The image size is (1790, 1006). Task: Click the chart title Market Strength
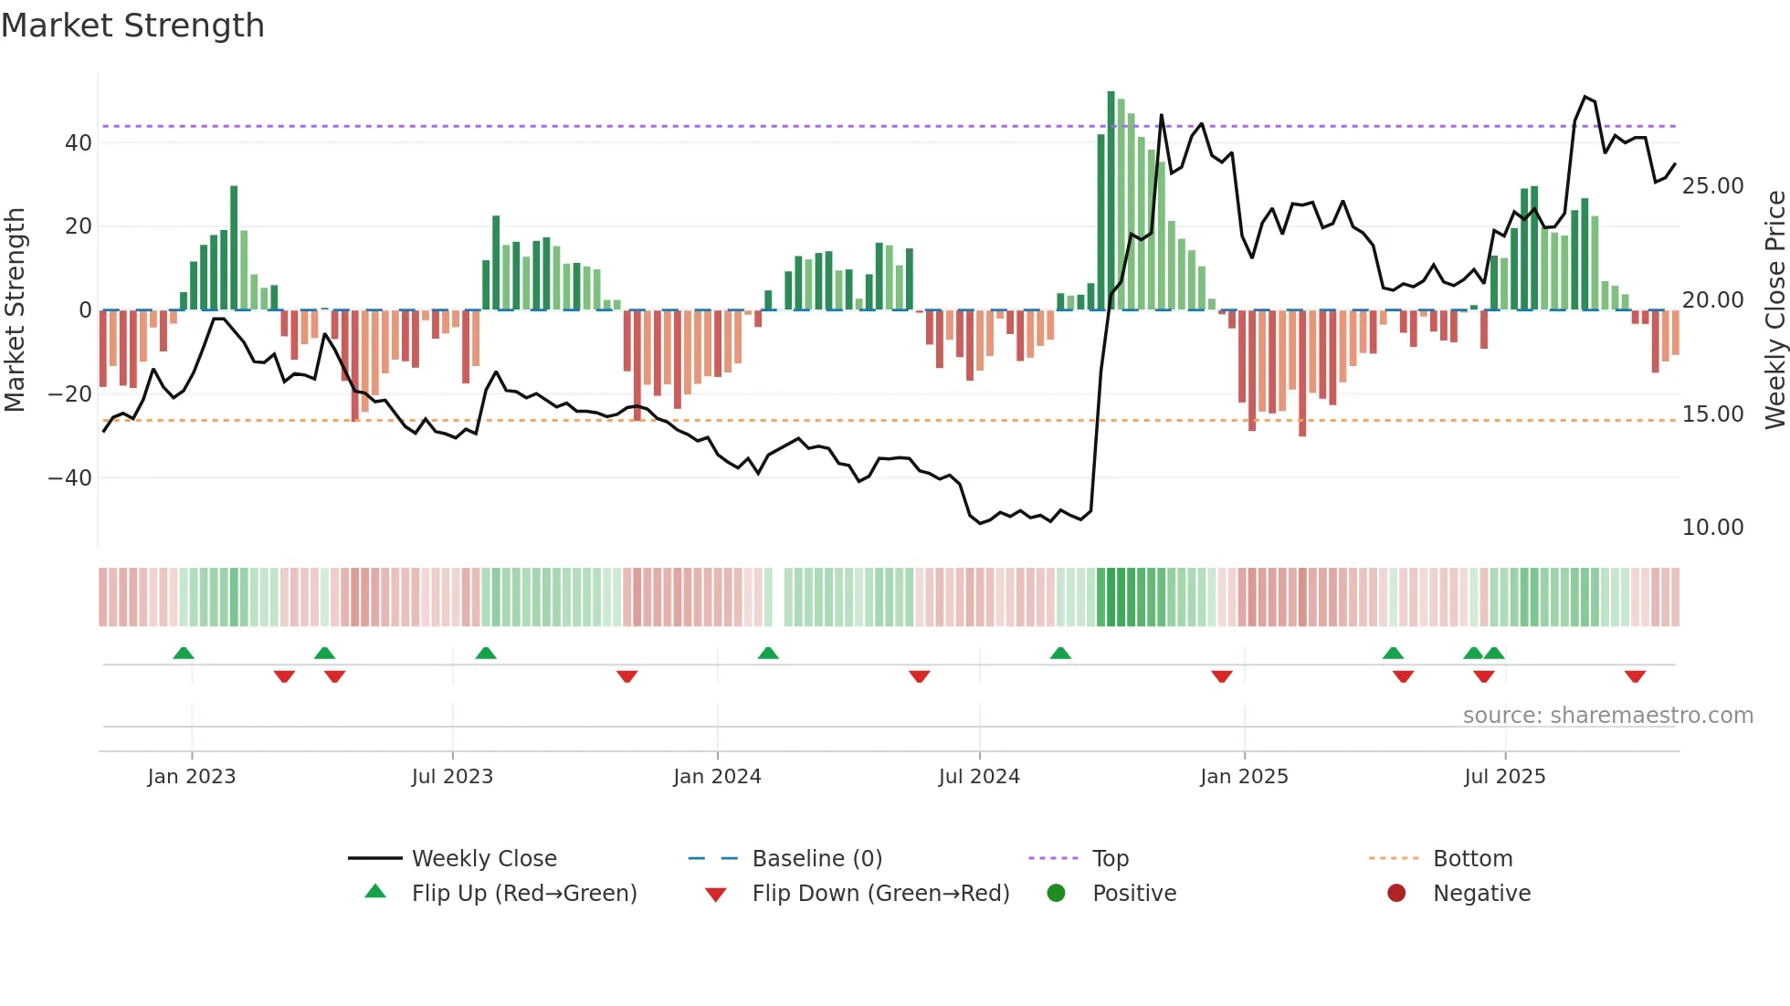point(132,26)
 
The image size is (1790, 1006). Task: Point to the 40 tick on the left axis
point(78,142)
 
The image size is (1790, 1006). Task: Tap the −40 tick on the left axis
point(70,477)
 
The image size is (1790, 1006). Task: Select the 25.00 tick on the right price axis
point(1712,186)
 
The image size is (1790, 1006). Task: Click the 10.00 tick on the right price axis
point(1712,528)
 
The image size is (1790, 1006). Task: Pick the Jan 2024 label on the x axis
point(717,777)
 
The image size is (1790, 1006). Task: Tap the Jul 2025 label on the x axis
point(1504,777)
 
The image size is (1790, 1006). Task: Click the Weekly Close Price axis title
point(1774,309)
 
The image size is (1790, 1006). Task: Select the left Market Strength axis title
point(15,309)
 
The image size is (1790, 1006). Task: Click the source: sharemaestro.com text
point(1607,716)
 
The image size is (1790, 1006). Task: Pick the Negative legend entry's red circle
point(1396,894)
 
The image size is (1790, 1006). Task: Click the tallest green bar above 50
point(1111,201)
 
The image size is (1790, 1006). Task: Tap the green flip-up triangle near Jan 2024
point(768,653)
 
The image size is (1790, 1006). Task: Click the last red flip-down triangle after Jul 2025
point(1635,676)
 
